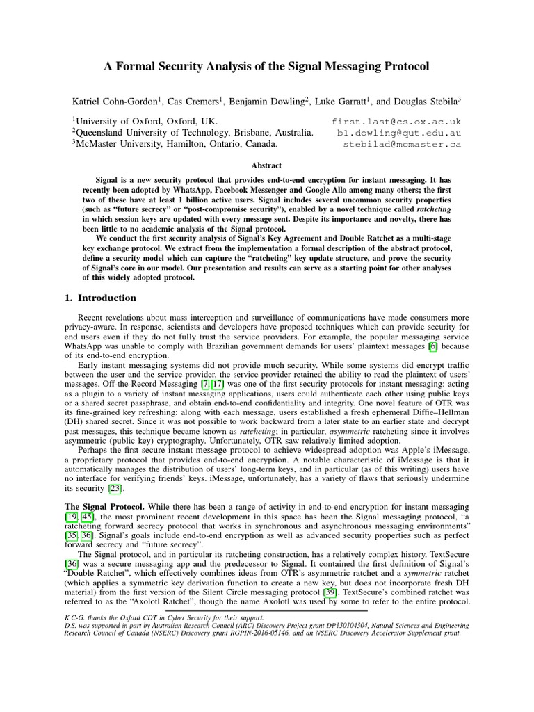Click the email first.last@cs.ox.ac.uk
[397, 121]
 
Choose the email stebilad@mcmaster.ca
[403, 145]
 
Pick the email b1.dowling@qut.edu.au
[399, 133]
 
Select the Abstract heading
[266, 165]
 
